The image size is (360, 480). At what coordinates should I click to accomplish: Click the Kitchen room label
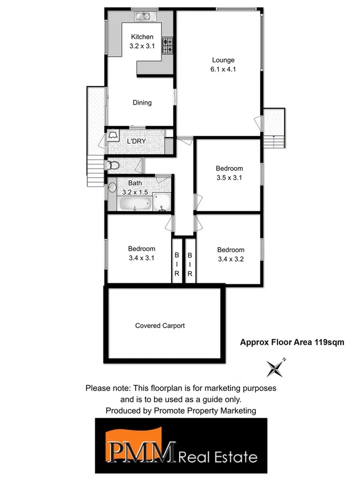coord(142,37)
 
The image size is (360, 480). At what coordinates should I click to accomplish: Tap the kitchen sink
coord(142,17)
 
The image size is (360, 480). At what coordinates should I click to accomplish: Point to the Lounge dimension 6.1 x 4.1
coord(223,69)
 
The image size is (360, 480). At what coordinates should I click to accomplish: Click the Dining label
coord(142,103)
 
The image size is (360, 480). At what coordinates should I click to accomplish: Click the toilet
coord(112,166)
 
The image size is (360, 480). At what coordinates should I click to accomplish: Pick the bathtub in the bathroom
coord(134,204)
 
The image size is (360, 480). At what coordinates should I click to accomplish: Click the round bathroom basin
coord(113,187)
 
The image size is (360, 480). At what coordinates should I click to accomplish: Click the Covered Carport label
coord(160,325)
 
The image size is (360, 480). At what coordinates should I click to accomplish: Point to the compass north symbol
coord(277,367)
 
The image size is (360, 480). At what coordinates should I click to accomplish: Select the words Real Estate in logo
coord(219,457)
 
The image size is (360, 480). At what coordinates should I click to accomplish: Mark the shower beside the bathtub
coord(162,202)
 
